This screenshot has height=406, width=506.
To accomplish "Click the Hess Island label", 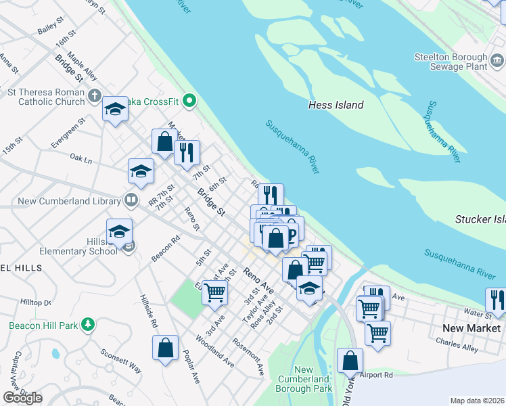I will coord(336,105).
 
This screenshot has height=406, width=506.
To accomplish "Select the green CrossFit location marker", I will coord(190,102).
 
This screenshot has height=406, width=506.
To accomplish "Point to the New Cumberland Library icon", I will coord(131,200).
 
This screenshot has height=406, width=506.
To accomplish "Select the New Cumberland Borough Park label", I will coord(304,380).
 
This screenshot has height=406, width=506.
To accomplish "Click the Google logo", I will coord(22,398).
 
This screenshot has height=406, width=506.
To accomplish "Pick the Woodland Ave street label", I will coord(215,351).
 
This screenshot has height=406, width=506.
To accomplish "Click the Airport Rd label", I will coord(376,374).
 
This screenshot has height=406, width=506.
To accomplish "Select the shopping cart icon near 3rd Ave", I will coord(214,292).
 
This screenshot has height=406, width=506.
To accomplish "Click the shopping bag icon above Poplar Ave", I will coord(165,348).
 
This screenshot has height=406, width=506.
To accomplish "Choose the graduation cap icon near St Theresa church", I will coord(116,109).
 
